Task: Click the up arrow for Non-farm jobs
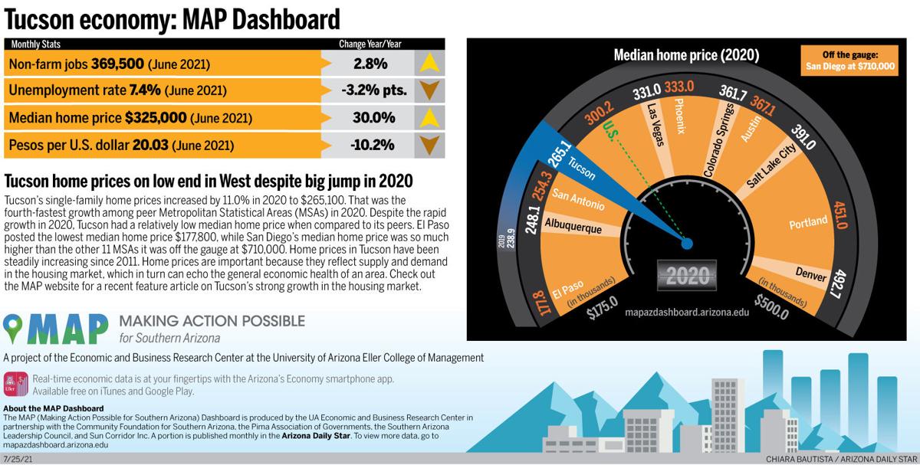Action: coord(429,63)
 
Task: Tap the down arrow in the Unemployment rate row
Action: coord(429,90)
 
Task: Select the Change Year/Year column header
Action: coord(370,44)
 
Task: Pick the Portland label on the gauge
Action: coord(808,223)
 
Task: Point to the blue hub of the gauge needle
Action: coord(687,244)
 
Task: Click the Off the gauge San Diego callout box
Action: coord(849,61)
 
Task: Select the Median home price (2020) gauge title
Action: coord(686,55)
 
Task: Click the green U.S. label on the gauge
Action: coord(611,127)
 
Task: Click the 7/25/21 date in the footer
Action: coord(18,459)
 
